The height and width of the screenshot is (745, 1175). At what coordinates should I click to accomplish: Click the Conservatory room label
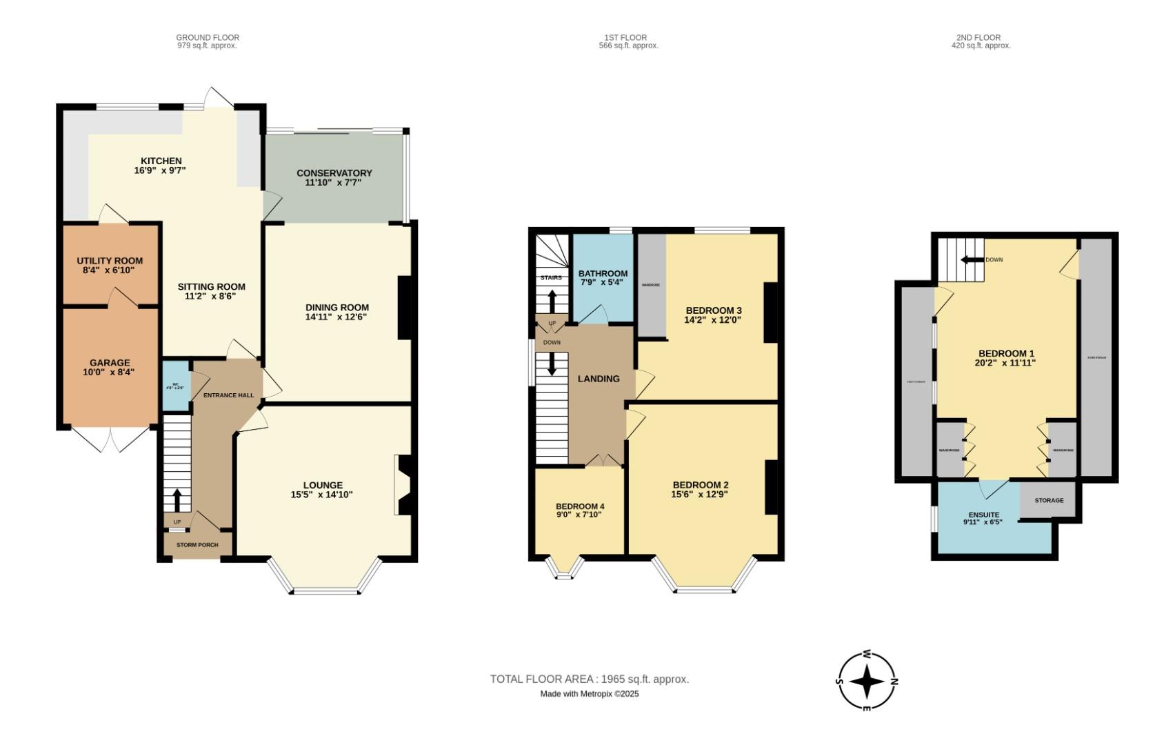click(334, 173)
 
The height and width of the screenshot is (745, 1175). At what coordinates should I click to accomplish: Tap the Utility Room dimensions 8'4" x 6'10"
click(110, 270)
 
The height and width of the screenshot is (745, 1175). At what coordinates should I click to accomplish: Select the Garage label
click(110, 363)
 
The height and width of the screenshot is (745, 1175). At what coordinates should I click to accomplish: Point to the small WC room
click(175, 386)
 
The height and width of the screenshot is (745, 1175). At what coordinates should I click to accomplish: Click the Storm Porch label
click(197, 545)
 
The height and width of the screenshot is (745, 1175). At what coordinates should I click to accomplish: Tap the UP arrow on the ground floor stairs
click(177, 499)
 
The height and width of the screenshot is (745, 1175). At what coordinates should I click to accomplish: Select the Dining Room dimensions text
click(337, 317)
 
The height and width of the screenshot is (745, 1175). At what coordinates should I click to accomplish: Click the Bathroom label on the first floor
click(603, 274)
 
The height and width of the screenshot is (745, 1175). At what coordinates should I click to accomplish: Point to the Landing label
click(599, 379)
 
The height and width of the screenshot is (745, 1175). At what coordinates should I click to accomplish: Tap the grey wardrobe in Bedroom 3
click(651, 284)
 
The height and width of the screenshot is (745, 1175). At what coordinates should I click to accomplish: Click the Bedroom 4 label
click(580, 506)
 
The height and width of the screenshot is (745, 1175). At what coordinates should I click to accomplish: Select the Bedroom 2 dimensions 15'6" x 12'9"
click(700, 494)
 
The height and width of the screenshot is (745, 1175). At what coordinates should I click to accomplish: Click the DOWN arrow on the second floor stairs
click(972, 260)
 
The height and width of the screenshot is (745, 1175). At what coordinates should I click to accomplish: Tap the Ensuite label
click(983, 515)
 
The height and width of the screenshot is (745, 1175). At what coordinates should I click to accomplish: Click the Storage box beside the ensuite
click(1048, 500)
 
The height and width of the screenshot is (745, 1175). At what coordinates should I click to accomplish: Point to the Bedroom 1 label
click(1006, 353)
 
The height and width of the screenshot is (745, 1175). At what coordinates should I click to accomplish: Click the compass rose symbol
click(867, 682)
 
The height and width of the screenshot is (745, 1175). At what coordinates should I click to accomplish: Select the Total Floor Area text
click(589, 679)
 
